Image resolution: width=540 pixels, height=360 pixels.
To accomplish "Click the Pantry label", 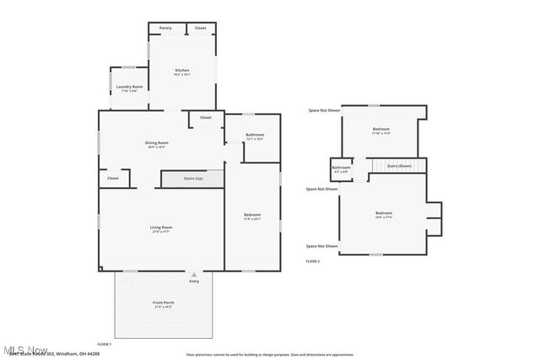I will click(x=165, y=28).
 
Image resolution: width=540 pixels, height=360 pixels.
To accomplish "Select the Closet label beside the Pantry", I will click(x=200, y=28).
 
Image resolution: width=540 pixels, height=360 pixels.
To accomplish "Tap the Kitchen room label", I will click(x=182, y=70).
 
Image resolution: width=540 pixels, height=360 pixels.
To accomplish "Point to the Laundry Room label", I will click(x=129, y=87).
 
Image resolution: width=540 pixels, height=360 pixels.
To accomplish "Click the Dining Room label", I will click(x=157, y=142).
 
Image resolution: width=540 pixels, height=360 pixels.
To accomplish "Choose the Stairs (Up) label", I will click(x=193, y=179).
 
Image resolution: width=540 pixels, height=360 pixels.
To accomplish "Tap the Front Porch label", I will click(x=164, y=302).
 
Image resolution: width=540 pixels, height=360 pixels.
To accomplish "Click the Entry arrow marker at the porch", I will click(x=194, y=274).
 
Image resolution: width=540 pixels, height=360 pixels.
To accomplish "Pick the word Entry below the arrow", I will click(x=194, y=281).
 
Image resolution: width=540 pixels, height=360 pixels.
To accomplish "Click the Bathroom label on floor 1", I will click(x=255, y=135).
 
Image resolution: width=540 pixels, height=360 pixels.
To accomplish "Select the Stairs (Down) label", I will click(x=399, y=166).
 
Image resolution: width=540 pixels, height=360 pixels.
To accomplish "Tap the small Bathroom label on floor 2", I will click(x=341, y=168).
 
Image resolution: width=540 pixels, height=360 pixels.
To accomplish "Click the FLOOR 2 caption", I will click(x=313, y=261).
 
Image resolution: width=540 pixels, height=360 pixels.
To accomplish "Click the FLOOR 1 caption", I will click(x=104, y=344).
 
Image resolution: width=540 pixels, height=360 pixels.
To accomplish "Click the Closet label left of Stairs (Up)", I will click(x=113, y=178).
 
